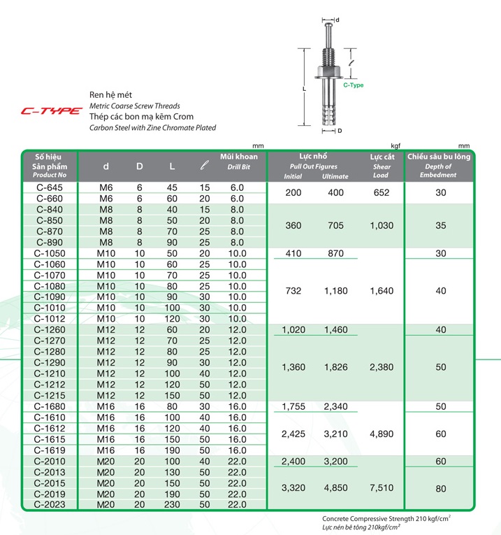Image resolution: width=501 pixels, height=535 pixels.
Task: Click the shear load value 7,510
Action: click(x=381, y=488)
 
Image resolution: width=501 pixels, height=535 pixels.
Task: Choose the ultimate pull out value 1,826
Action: click(x=335, y=367)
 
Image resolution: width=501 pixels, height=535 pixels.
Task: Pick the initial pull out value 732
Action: click(x=293, y=291)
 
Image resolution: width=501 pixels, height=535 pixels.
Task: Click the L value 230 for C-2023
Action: click(x=172, y=504)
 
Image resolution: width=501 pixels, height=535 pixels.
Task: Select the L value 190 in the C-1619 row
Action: click(x=172, y=450)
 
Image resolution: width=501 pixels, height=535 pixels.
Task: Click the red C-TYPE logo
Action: click(x=50, y=110)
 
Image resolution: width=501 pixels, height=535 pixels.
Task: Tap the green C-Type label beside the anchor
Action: click(x=353, y=85)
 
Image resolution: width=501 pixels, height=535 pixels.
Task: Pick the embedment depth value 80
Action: click(x=440, y=488)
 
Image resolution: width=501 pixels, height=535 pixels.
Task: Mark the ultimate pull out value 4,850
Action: click(x=335, y=488)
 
